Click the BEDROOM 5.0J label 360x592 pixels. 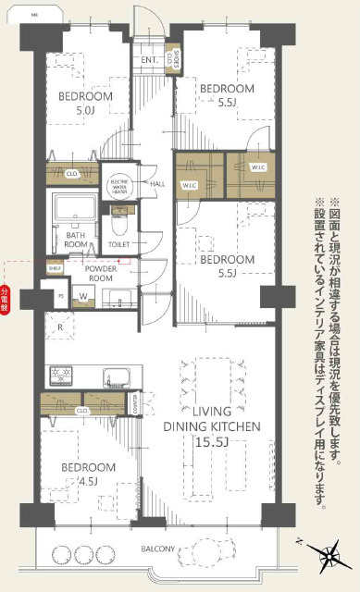86,102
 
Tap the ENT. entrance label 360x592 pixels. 150,61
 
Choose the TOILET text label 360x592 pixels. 118,245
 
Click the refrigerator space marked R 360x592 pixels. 59,326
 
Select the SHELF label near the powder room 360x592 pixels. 55,268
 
